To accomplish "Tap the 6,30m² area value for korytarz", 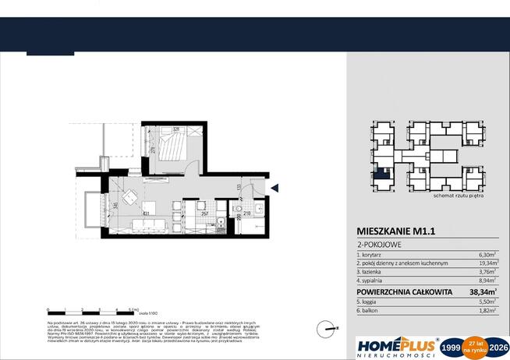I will [486, 255].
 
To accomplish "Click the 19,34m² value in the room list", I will [484, 264].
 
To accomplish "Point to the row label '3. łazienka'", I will [373, 273].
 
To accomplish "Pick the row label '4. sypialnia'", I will [374, 281].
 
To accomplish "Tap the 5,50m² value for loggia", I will [486, 303].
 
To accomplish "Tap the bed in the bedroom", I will [172, 149].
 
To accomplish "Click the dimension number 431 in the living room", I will [146, 212].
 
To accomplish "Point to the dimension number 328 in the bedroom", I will [176, 129].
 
